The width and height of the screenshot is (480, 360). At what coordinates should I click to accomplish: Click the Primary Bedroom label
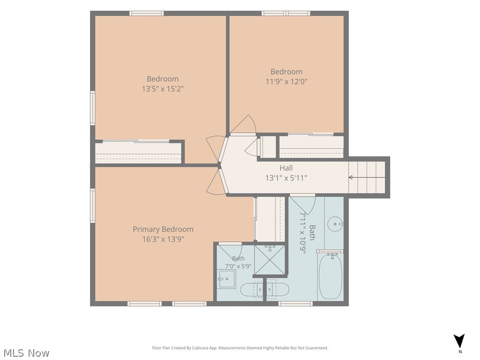(x=163, y=229)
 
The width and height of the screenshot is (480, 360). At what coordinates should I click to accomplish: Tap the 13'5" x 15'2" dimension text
(x=163, y=89)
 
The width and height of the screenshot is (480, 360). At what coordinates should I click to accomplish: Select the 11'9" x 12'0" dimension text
(x=286, y=82)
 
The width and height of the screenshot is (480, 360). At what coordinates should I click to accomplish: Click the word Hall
(x=286, y=168)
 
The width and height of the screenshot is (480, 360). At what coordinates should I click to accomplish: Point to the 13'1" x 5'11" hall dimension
(x=286, y=178)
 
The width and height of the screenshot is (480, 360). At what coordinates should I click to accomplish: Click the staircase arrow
(x=367, y=177)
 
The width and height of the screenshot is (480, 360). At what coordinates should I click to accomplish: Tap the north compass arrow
(x=459, y=341)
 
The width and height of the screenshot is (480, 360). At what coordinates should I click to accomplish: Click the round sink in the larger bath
(x=335, y=225)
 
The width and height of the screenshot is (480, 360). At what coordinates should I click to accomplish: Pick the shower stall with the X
(x=270, y=260)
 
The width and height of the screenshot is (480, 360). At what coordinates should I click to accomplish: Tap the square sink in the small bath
(x=227, y=279)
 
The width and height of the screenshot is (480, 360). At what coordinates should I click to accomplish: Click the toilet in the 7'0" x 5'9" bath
(x=252, y=290)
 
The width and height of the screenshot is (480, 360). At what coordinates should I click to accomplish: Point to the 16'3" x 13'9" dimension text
(x=163, y=239)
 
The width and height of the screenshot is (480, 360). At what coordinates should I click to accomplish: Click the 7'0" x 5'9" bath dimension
(x=238, y=266)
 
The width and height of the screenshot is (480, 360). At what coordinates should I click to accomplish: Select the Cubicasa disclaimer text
(x=240, y=348)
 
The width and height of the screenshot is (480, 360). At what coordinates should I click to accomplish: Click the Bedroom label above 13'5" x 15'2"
(x=163, y=79)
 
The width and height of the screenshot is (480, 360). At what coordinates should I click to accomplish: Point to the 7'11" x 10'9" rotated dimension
(x=303, y=232)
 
